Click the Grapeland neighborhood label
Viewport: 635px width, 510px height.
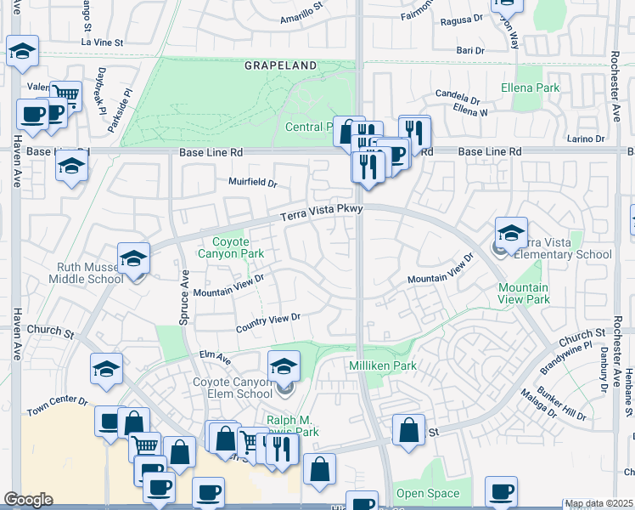coord(280,65)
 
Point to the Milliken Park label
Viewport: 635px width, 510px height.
coord(383,365)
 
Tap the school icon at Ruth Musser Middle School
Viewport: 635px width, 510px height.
coord(134,258)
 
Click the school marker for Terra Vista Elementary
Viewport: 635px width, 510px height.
coord(512,233)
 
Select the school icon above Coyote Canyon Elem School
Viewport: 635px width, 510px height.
coord(284,366)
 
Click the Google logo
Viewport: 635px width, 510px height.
coord(28,500)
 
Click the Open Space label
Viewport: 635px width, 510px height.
coord(427,493)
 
